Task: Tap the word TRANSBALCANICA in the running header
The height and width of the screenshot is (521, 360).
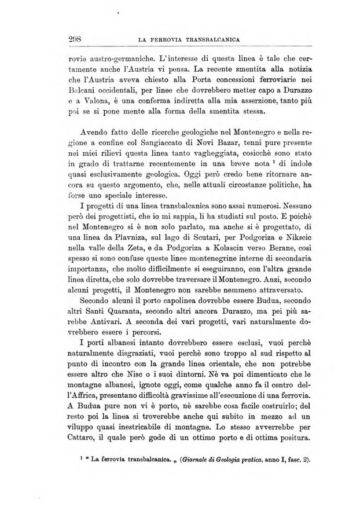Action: [x=212, y=39]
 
